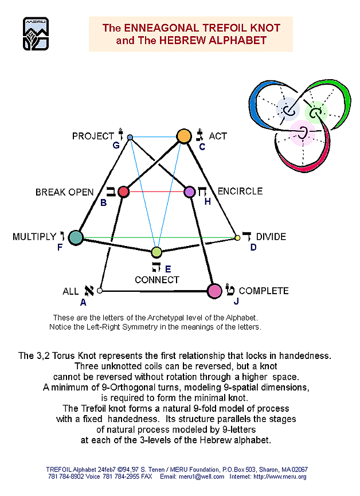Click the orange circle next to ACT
[x=183, y=136]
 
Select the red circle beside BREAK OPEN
[x=124, y=192]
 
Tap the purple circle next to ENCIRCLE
[x=190, y=192]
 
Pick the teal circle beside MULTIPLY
[x=76, y=237]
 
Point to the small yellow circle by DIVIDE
[x=237, y=237]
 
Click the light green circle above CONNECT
[x=156, y=252]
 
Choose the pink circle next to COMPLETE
[x=214, y=291]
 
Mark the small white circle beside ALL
[x=100, y=291]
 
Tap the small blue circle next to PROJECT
[x=130, y=137]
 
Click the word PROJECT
[x=93, y=136]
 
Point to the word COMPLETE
[x=264, y=291]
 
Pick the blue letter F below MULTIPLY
[x=60, y=247]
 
